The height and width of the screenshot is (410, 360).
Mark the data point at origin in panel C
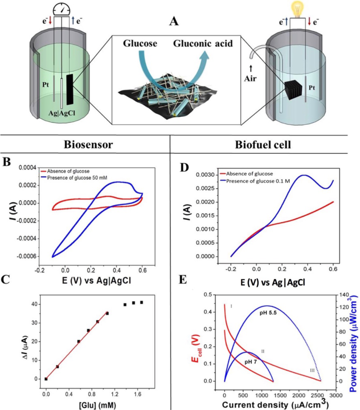46,379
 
